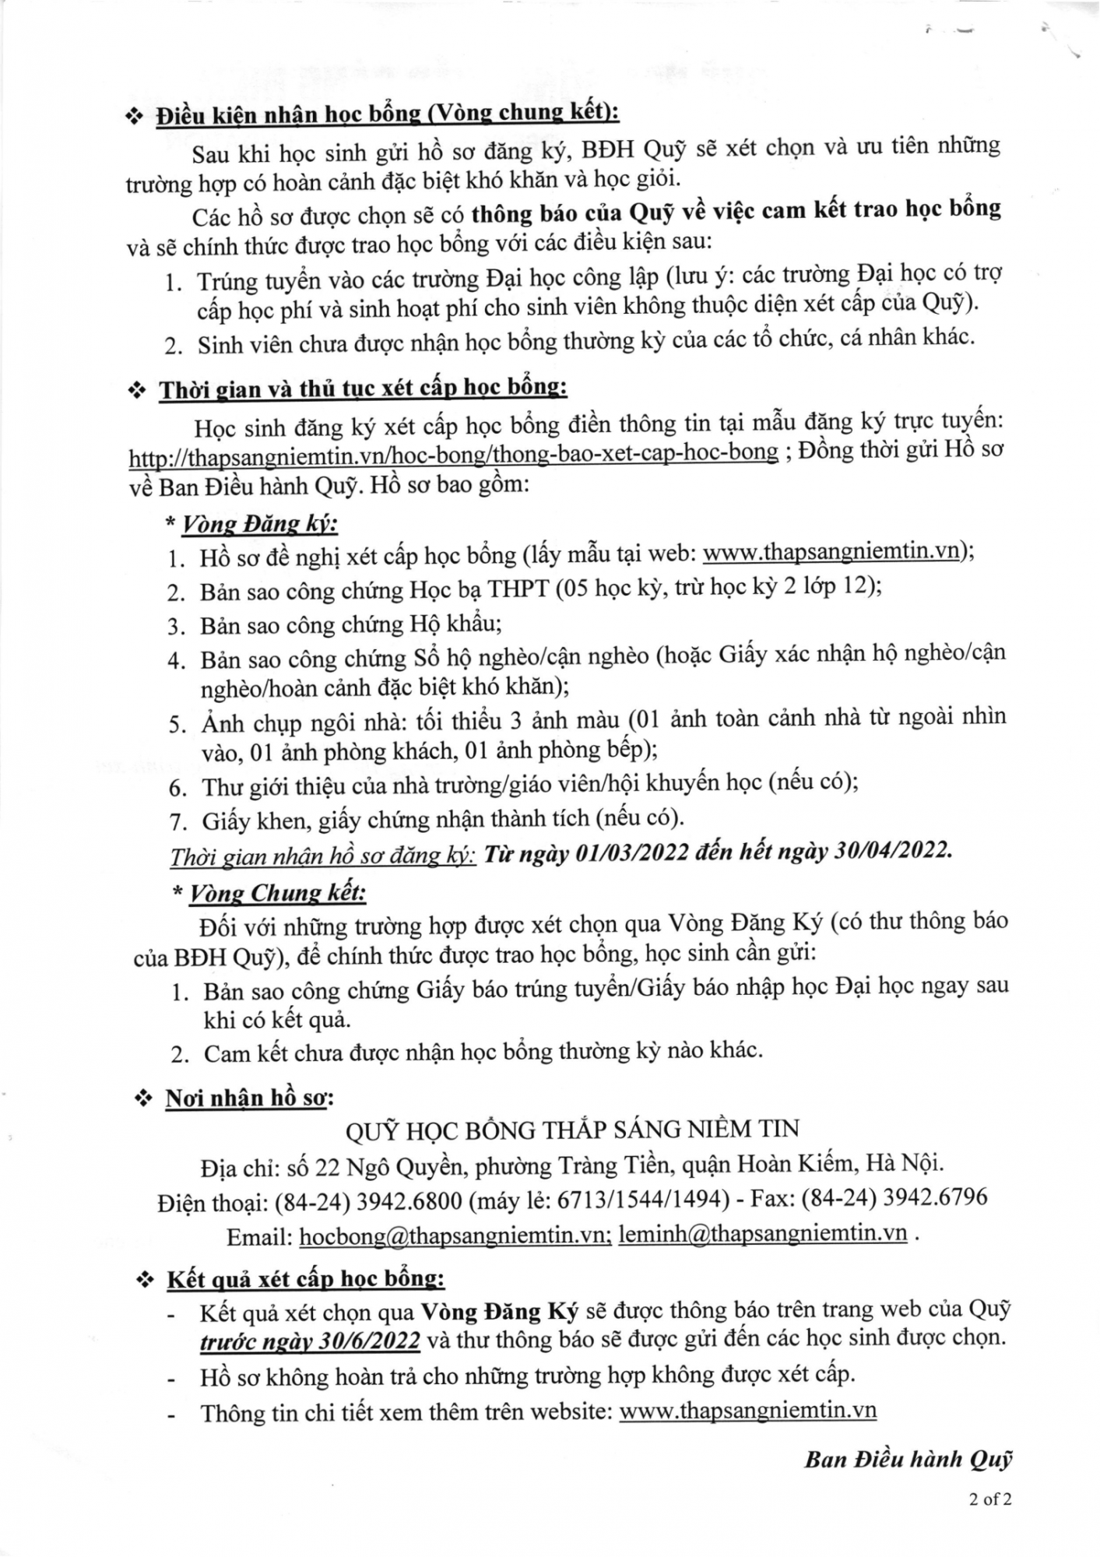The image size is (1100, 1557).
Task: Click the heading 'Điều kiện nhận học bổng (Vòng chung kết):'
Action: [387, 114]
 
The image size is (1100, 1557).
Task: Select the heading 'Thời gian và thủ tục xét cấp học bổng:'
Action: [363, 389]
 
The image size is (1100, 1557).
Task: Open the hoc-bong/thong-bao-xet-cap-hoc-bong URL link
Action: [453, 453]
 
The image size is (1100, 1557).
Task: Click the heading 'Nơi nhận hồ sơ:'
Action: [249, 1098]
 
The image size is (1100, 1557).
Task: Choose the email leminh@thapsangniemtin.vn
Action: [763, 1235]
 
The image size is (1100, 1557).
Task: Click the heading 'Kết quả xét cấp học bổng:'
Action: [306, 1280]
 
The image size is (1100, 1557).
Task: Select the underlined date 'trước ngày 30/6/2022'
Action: [310, 1341]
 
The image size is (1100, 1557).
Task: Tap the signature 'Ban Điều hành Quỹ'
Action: [908, 1460]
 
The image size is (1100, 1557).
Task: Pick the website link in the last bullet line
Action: [748, 1411]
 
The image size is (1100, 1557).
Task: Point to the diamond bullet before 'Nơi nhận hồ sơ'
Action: [143, 1099]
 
